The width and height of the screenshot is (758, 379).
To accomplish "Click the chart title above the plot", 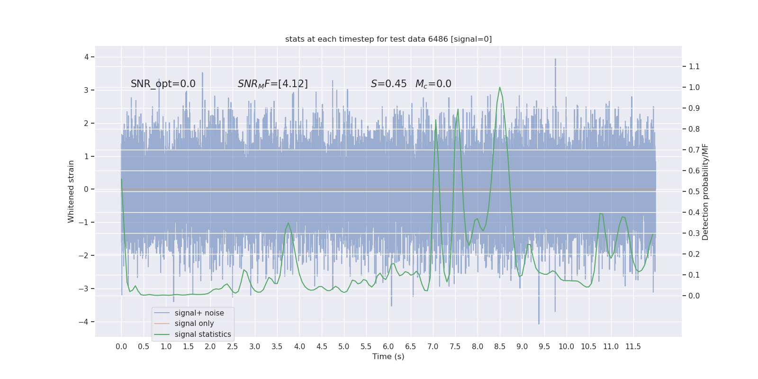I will pyautogui.click(x=388, y=39).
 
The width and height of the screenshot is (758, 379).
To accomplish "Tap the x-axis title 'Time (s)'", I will pyautogui.click(x=388, y=357).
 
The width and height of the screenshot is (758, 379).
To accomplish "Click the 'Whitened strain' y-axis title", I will pyautogui.click(x=71, y=191).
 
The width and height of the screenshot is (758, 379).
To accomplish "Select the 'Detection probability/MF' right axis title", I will pyautogui.click(x=705, y=191).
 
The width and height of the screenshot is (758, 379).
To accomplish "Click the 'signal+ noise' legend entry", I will pyautogui.click(x=199, y=313).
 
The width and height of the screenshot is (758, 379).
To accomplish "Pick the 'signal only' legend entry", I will pyautogui.click(x=194, y=324).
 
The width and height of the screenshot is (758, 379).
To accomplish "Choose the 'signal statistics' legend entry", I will pyautogui.click(x=203, y=334).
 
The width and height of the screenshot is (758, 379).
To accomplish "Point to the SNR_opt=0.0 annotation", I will pyautogui.click(x=163, y=84).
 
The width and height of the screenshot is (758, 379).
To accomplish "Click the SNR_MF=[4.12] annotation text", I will pyautogui.click(x=272, y=84).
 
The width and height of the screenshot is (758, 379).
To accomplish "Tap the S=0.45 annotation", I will pyautogui.click(x=388, y=84).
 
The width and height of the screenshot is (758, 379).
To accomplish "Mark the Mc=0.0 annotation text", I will pyautogui.click(x=433, y=84).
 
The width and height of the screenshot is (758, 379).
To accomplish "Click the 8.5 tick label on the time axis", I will pyautogui.click(x=500, y=347).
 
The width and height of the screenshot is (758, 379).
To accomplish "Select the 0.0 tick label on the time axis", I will pyautogui.click(x=121, y=347).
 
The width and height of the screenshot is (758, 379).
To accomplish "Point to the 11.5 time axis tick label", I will pyautogui.click(x=633, y=347).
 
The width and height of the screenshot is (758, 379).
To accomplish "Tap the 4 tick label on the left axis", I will pyautogui.click(x=87, y=57).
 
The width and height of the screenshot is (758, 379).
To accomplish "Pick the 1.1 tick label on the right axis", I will pyautogui.click(x=694, y=67).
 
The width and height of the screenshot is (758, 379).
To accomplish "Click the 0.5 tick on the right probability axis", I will pyautogui.click(x=694, y=192).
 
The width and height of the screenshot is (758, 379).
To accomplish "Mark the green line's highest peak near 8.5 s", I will pyautogui.click(x=499, y=88).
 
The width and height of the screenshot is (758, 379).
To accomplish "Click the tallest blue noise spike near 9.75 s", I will pyautogui.click(x=555, y=60).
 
